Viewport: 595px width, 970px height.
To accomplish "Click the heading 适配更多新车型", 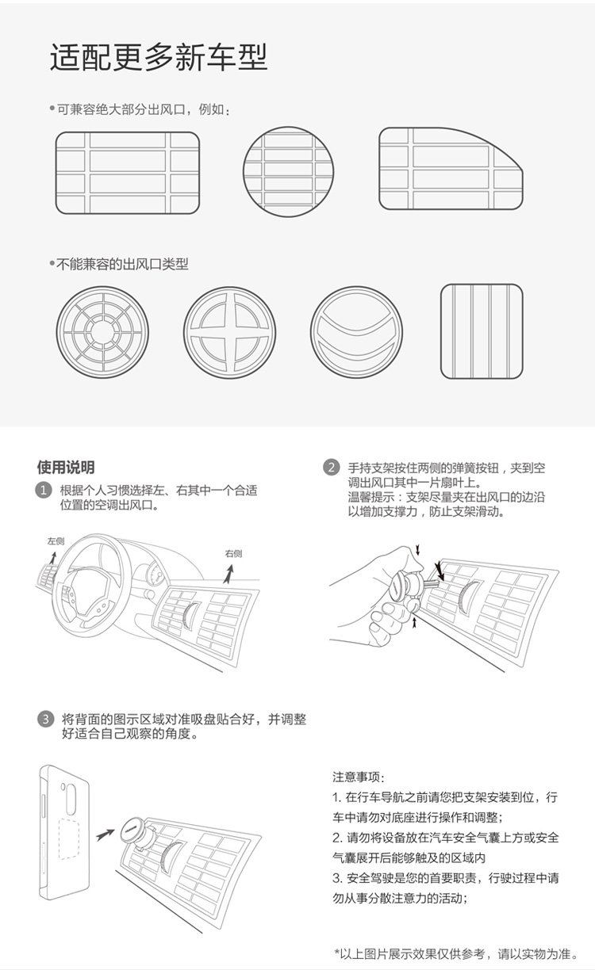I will (159, 58).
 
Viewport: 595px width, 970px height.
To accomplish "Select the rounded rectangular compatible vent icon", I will (127, 173).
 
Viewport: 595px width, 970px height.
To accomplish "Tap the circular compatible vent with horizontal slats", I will (288, 172).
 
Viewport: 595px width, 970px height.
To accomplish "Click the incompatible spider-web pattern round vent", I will (102, 332).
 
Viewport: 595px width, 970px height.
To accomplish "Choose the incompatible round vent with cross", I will (230, 332).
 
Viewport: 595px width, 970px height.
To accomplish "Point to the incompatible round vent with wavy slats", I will (356, 332).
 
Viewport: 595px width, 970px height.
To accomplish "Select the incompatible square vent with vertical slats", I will (482, 331).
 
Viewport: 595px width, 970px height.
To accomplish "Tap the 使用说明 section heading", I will (66, 467).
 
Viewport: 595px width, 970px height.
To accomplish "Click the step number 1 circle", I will (45, 491).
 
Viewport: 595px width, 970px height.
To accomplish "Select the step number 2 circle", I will (332, 468).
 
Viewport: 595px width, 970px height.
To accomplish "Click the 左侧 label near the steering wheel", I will (56, 541).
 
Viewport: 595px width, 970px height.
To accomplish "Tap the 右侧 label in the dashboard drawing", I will (233, 553).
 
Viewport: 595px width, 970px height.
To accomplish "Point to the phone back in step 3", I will (67, 832).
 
